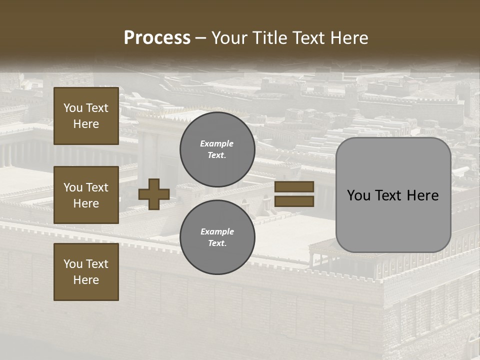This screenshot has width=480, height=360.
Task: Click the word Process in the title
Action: click(x=157, y=38)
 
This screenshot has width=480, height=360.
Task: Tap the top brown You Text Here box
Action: click(x=86, y=116)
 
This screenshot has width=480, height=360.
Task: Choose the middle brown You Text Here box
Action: click(x=86, y=195)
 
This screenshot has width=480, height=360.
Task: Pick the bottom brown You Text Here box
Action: click(x=86, y=272)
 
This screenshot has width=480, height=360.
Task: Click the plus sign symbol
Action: click(x=154, y=194)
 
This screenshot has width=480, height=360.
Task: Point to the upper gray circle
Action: click(x=217, y=149)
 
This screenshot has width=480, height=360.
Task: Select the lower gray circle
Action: click(x=217, y=237)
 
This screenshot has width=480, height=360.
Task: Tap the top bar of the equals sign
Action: click(x=294, y=187)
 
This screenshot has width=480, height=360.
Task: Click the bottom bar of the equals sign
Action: click(x=294, y=201)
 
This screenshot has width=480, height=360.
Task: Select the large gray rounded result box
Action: click(x=393, y=195)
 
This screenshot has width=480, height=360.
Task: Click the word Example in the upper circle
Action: click(x=217, y=143)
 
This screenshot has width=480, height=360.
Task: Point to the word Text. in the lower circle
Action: click(x=217, y=243)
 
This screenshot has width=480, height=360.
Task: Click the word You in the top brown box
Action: click(x=73, y=108)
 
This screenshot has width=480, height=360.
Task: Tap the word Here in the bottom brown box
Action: click(x=86, y=280)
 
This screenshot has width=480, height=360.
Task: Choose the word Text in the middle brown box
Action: click(x=97, y=187)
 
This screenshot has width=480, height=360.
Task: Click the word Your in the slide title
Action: click(x=228, y=38)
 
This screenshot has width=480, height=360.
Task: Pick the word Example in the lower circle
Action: click(x=217, y=231)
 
